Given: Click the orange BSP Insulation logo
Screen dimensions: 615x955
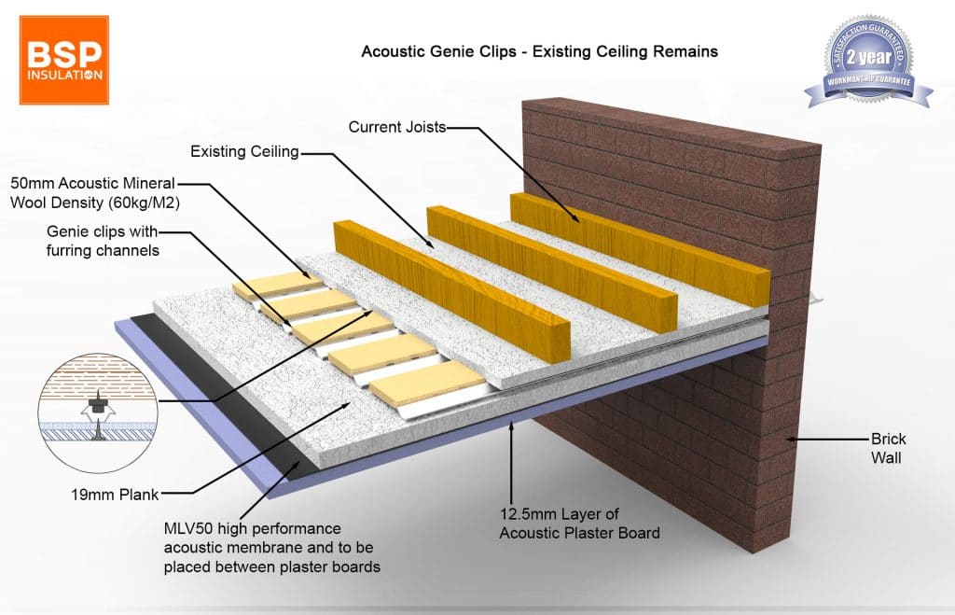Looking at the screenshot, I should (x=63, y=59).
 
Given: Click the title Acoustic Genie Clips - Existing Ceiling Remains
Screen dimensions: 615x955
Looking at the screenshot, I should (x=539, y=51).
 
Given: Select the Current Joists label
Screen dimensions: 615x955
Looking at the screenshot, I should (x=396, y=126).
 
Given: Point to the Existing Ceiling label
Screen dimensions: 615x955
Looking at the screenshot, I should (x=244, y=151).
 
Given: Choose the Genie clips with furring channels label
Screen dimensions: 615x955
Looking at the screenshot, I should (x=104, y=240).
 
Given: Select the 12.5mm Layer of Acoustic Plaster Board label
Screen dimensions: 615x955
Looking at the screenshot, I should (x=579, y=524).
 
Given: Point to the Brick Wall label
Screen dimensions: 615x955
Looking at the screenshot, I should (x=888, y=448).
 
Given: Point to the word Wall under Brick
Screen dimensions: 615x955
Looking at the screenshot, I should (x=888, y=457).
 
